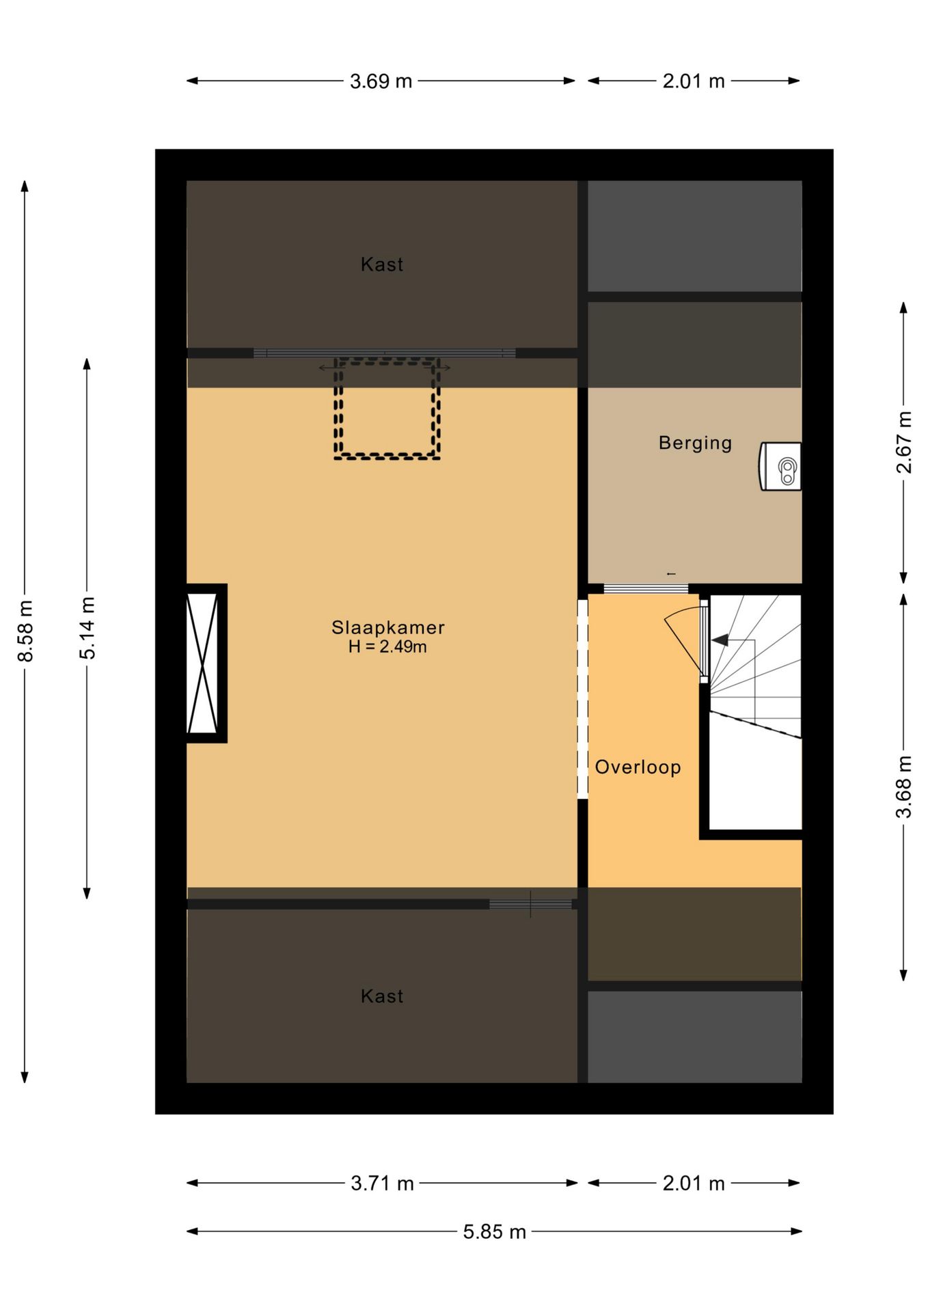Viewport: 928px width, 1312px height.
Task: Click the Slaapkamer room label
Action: coord(387,627)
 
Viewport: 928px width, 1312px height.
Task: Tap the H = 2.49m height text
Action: coord(387,646)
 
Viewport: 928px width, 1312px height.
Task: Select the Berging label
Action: coord(695,443)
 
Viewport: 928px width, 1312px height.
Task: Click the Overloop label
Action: coord(638,767)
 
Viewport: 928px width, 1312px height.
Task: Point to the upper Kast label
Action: coord(382,264)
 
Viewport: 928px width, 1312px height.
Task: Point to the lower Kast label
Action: coord(382,996)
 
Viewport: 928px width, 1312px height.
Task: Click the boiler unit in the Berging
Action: coord(780,466)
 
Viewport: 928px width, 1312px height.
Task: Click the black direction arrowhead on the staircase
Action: coord(720,641)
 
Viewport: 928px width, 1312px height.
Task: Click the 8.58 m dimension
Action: coord(25,631)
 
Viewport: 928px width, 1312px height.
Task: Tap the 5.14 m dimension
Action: coord(87,628)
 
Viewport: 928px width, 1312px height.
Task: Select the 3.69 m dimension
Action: coord(381,81)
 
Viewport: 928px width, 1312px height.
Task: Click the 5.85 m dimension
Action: coord(494,1231)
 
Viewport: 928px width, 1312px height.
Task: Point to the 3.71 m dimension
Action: coord(382,1183)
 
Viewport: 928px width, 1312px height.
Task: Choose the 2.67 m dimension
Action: coord(903,442)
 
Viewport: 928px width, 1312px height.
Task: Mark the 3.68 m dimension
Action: coord(903,787)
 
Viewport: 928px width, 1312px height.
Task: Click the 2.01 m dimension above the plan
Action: coord(694,81)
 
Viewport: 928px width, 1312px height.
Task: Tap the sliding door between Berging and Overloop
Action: coord(646,589)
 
